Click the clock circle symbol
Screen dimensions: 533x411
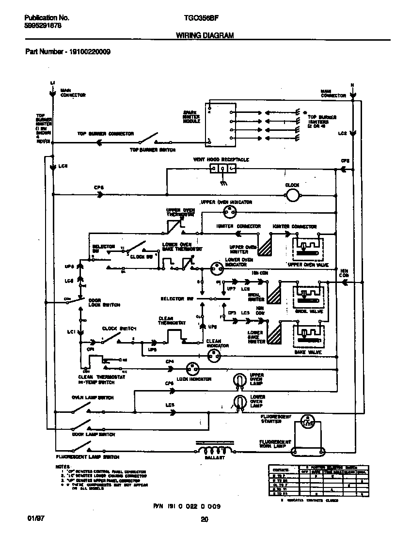click(292, 195)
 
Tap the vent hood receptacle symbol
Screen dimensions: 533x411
click(222, 169)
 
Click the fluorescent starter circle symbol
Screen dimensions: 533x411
click(306, 421)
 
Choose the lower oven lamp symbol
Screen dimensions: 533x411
click(239, 401)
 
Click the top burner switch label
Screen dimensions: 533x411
click(152, 150)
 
